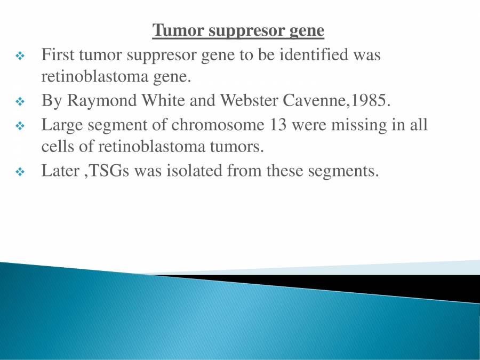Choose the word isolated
pos(189,171)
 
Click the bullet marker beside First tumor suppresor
pos(20,55)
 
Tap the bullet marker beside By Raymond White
pos(20,101)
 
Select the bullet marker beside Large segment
pos(20,126)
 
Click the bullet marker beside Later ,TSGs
pos(20,172)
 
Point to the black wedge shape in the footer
pos(373,284)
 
